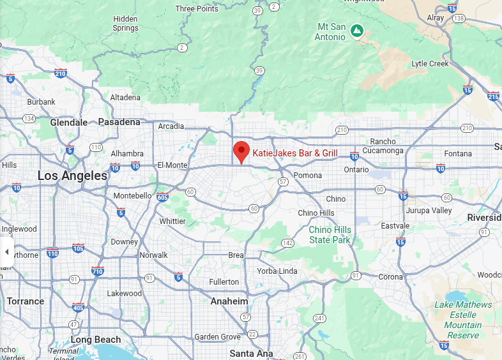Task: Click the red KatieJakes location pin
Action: [241, 151]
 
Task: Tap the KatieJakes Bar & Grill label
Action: [295, 153]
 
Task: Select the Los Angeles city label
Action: [72, 176]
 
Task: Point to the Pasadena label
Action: [119, 122]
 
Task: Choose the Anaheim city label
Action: [229, 301]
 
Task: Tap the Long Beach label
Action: [95, 340]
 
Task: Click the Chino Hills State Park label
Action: [330, 235]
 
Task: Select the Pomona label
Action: [307, 175]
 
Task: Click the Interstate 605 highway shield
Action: [163, 197]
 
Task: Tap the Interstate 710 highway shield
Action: [98, 271]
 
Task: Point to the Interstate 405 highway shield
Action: [79, 308]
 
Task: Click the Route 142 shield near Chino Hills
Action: [288, 243]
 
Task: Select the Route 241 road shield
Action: [320, 318]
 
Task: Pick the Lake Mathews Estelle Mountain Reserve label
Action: [463, 320]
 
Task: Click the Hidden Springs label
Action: [125, 24]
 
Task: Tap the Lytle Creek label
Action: [430, 64]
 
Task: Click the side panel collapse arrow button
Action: [6, 251]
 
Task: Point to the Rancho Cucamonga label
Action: [383, 146]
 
